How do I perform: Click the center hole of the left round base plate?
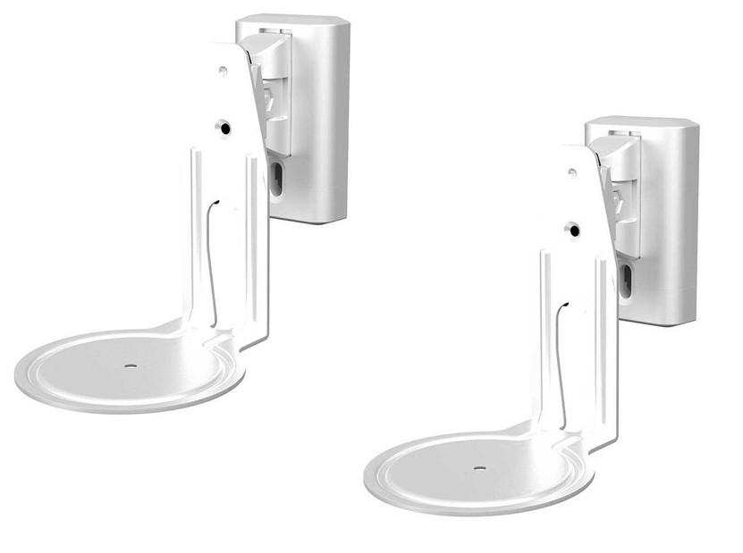pyautogui.click(x=131, y=365)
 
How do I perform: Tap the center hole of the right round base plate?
pyautogui.click(x=480, y=467)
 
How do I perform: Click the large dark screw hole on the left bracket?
pyautogui.click(x=224, y=129)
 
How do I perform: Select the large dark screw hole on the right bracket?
pyautogui.click(x=573, y=230)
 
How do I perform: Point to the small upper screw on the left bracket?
pyautogui.click(x=223, y=71)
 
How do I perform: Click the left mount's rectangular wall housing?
pyautogui.click(x=317, y=125)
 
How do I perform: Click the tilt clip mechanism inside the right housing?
pyautogui.click(x=624, y=192)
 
